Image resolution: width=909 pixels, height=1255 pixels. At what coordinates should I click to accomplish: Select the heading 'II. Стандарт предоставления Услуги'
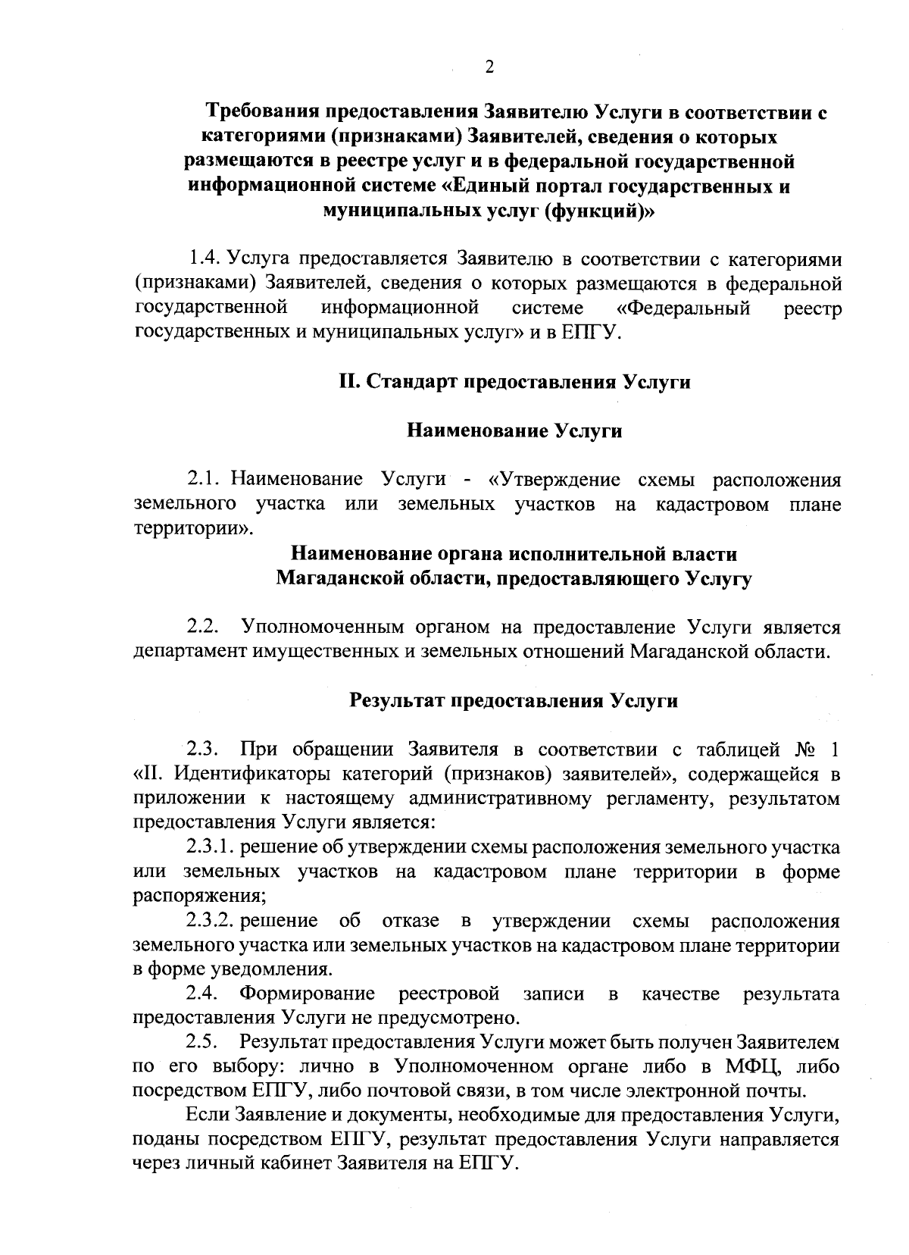[x=514, y=382]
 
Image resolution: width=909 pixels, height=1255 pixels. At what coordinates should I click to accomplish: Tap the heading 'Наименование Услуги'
[x=515, y=431]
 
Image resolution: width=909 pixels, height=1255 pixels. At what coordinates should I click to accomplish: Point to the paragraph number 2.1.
[x=203, y=480]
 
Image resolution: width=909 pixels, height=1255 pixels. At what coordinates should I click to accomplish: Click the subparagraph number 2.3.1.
[x=210, y=847]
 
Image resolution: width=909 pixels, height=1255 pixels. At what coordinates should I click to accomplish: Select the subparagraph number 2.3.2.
[x=210, y=921]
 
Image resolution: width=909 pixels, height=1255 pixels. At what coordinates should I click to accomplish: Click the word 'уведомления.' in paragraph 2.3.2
[x=274, y=970]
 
